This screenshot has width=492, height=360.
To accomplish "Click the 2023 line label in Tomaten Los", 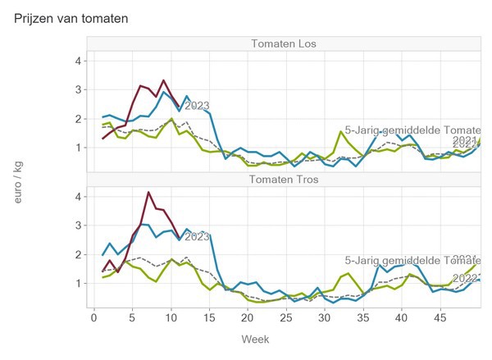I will (x=197, y=106).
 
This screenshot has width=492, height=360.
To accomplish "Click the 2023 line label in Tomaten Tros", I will (x=197, y=237).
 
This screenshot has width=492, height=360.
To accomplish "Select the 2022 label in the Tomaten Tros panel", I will (x=465, y=278).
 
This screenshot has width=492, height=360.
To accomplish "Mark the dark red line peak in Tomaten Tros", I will (x=148, y=193).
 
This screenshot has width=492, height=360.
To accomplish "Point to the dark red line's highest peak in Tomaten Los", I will (x=164, y=80).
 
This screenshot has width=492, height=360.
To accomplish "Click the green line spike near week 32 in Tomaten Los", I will (x=340, y=131).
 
